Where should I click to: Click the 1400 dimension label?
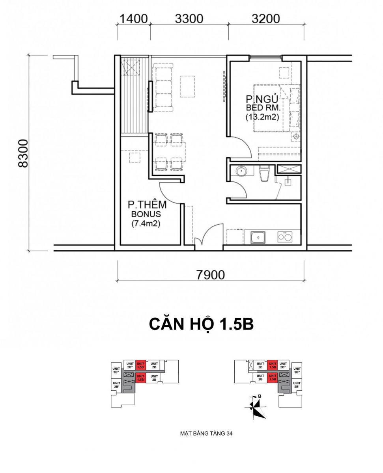coord(134,19)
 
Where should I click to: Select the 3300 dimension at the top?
coord(189,19)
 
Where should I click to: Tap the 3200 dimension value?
coord(266,19)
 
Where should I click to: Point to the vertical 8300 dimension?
coord(23,153)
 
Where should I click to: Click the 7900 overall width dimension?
coord(210,275)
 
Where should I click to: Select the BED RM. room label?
coord(263,108)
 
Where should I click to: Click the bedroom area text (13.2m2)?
coord(262,117)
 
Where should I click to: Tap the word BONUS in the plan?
coord(146,214)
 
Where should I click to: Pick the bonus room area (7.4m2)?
coord(146,223)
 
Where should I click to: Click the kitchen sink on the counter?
coord(258,237)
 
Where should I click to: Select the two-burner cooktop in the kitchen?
coord(285,237)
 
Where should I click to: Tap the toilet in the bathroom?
coord(264,173)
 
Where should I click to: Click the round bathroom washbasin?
coord(241,171)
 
